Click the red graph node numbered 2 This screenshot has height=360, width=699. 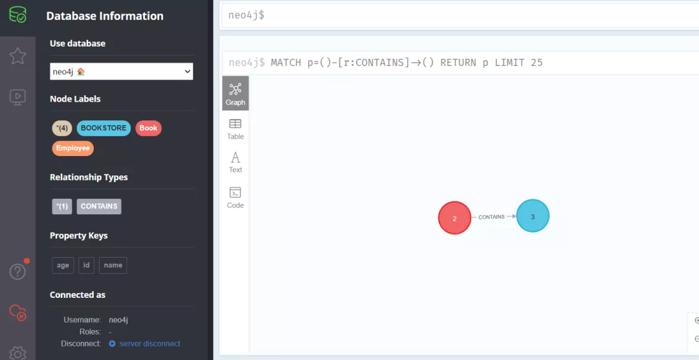(454, 218)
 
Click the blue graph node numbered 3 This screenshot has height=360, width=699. (533, 216)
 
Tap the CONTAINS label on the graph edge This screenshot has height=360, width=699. (491, 217)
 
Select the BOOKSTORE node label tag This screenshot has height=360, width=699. (104, 128)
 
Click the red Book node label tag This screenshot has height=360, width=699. (148, 128)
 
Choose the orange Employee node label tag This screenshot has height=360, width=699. (72, 148)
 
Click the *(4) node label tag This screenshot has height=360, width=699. (62, 128)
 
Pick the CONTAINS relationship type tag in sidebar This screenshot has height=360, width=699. (99, 207)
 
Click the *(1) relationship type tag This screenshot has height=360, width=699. (62, 207)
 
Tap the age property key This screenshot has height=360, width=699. (63, 265)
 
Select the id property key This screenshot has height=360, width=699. (86, 265)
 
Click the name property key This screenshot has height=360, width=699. (113, 265)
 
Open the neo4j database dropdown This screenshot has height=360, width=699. (122, 71)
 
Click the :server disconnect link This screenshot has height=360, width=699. (148, 344)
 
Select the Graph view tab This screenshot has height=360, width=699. (236, 93)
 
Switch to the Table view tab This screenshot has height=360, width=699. (236, 128)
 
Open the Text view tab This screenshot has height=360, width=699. (236, 162)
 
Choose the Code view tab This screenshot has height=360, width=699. (236, 197)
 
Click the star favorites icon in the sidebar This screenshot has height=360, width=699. (17, 56)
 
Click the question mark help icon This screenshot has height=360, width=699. (17, 271)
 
